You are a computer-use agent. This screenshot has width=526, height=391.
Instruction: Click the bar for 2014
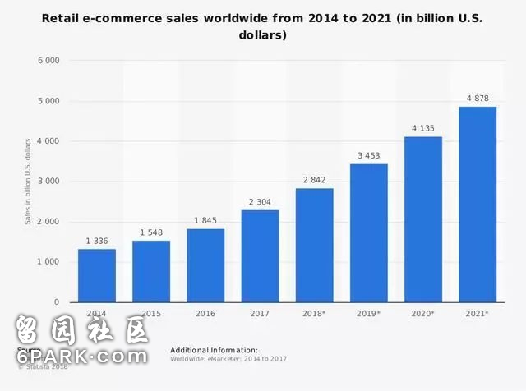pos(97,275)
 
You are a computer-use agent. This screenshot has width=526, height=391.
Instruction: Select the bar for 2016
pos(205,265)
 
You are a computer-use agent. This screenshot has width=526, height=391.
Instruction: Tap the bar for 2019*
pos(368,233)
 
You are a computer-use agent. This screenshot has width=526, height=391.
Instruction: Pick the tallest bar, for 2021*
pos(477,205)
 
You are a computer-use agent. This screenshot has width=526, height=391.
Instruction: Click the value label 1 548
pos(151,232)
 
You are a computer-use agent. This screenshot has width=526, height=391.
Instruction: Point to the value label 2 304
pos(260,201)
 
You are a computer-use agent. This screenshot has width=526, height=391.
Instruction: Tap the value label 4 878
pos(477,98)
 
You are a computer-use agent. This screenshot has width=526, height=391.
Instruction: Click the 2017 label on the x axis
pos(260,314)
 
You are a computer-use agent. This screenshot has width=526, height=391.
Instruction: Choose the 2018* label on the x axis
pos(314,314)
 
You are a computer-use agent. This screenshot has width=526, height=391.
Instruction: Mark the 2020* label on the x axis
pos(422,314)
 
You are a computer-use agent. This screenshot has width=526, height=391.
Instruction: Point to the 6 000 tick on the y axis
pos(48,61)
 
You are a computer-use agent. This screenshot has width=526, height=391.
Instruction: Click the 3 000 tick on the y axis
pos(48,182)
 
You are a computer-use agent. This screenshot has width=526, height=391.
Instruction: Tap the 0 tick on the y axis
pos(56,302)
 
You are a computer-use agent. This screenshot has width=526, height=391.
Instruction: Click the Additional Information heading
pos(214,350)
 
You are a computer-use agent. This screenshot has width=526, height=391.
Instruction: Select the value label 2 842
pos(314,180)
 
